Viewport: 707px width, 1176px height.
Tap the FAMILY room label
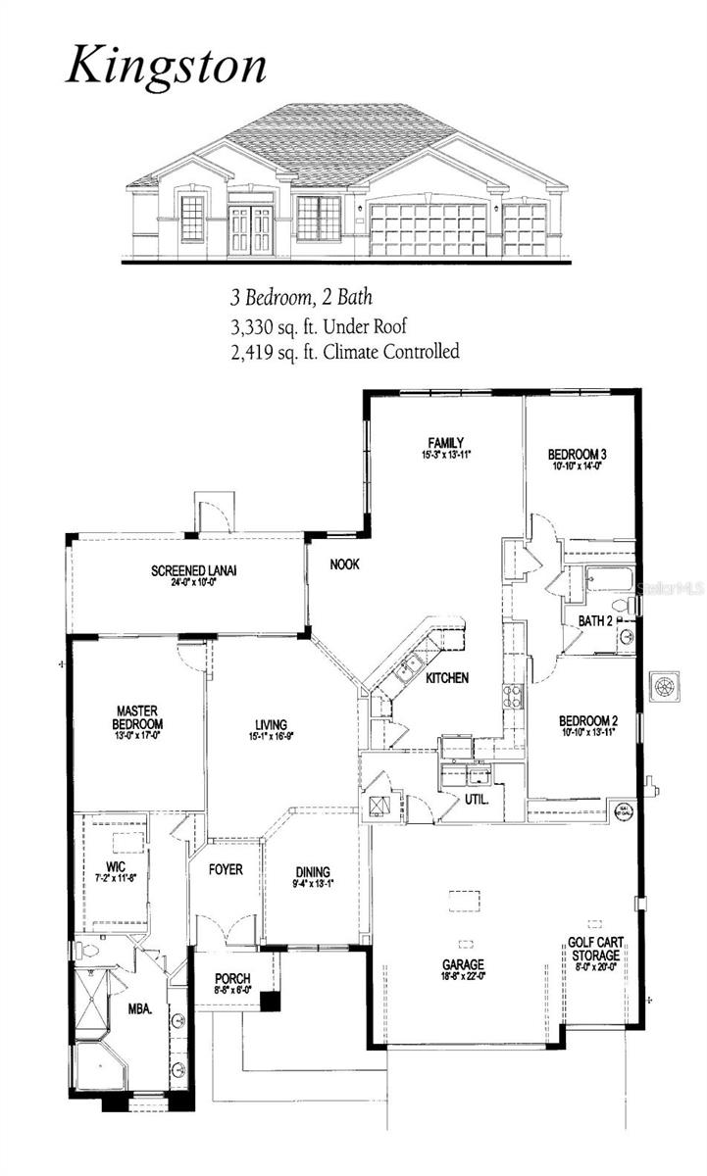click(x=445, y=442)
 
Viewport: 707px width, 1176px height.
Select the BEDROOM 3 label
click(x=577, y=454)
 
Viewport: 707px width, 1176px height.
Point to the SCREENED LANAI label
click(x=194, y=570)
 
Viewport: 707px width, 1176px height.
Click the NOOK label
click(x=343, y=563)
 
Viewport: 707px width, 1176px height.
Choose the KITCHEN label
click(x=446, y=677)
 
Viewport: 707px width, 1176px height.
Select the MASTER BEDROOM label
click(x=138, y=717)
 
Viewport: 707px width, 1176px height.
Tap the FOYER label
click(x=225, y=869)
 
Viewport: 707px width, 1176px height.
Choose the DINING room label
click(x=313, y=872)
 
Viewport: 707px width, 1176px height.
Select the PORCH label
click(x=232, y=978)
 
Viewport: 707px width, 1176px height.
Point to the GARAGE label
click(x=462, y=964)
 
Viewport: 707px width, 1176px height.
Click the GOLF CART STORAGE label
click(x=594, y=949)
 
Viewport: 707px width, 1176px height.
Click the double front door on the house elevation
click(x=249, y=229)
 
